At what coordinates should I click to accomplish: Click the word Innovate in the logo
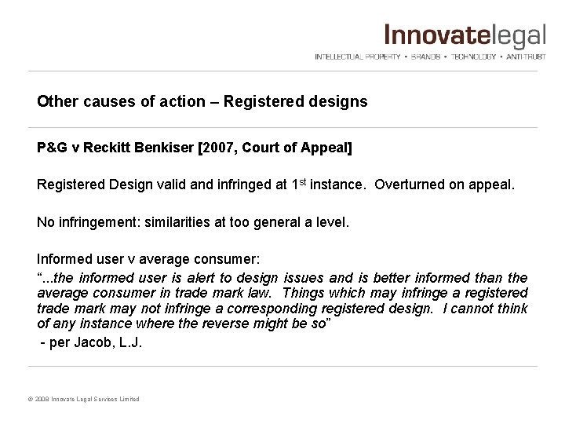[x=432, y=36]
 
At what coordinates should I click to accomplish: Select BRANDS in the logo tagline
[x=427, y=57]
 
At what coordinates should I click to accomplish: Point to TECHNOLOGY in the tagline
[x=473, y=57]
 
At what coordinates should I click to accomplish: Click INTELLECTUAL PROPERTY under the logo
[x=358, y=57]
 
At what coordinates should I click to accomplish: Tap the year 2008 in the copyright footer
[x=40, y=400]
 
